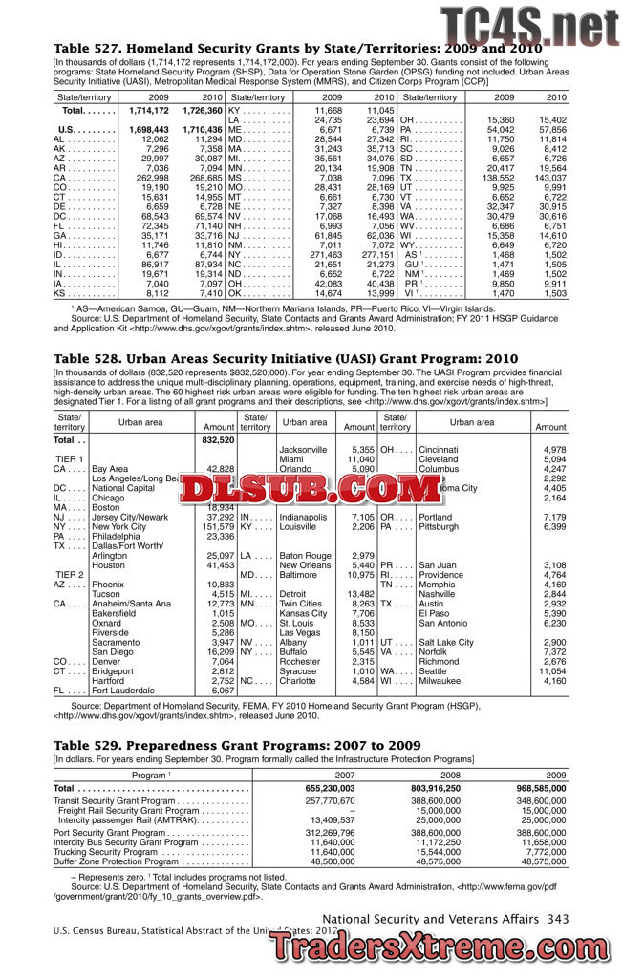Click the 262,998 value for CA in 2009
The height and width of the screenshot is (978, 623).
click(x=152, y=178)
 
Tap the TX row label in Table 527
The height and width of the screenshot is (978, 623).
click(x=406, y=178)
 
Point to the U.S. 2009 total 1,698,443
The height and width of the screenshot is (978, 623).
click(x=148, y=129)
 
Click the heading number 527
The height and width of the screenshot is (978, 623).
click(x=101, y=47)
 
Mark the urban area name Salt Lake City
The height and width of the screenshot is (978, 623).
click(x=446, y=642)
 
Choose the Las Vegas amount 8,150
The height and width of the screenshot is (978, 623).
click(x=357, y=632)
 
